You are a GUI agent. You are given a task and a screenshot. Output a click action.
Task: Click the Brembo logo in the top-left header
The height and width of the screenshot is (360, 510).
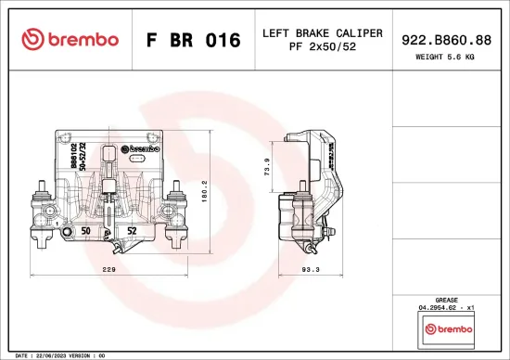pyautogui.click(x=70, y=39)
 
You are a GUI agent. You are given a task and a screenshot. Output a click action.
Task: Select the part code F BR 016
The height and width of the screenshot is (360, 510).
pyautogui.click(x=193, y=40)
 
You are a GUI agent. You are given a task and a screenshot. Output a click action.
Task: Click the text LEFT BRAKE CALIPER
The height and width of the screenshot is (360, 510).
pyautogui.click(x=322, y=32)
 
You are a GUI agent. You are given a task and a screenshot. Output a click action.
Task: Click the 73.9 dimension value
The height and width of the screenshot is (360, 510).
pyautogui.click(x=266, y=169)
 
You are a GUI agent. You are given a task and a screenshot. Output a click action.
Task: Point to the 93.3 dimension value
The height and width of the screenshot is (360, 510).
pyautogui.click(x=310, y=269)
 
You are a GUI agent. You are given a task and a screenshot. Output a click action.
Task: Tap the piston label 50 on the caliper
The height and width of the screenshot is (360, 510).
pyautogui.click(x=85, y=228)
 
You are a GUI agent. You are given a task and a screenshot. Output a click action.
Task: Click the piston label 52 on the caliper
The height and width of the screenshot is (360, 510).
pyautogui.click(x=132, y=228)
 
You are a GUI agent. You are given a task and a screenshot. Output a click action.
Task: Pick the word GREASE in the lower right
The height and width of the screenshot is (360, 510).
pyautogui.click(x=447, y=300)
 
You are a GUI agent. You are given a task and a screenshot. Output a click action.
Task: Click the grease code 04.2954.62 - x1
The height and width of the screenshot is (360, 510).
pyautogui.click(x=447, y=307)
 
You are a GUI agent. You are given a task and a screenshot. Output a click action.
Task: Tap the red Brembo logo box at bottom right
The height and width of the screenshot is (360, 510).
pyautogui.click(x=447, y=328)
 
